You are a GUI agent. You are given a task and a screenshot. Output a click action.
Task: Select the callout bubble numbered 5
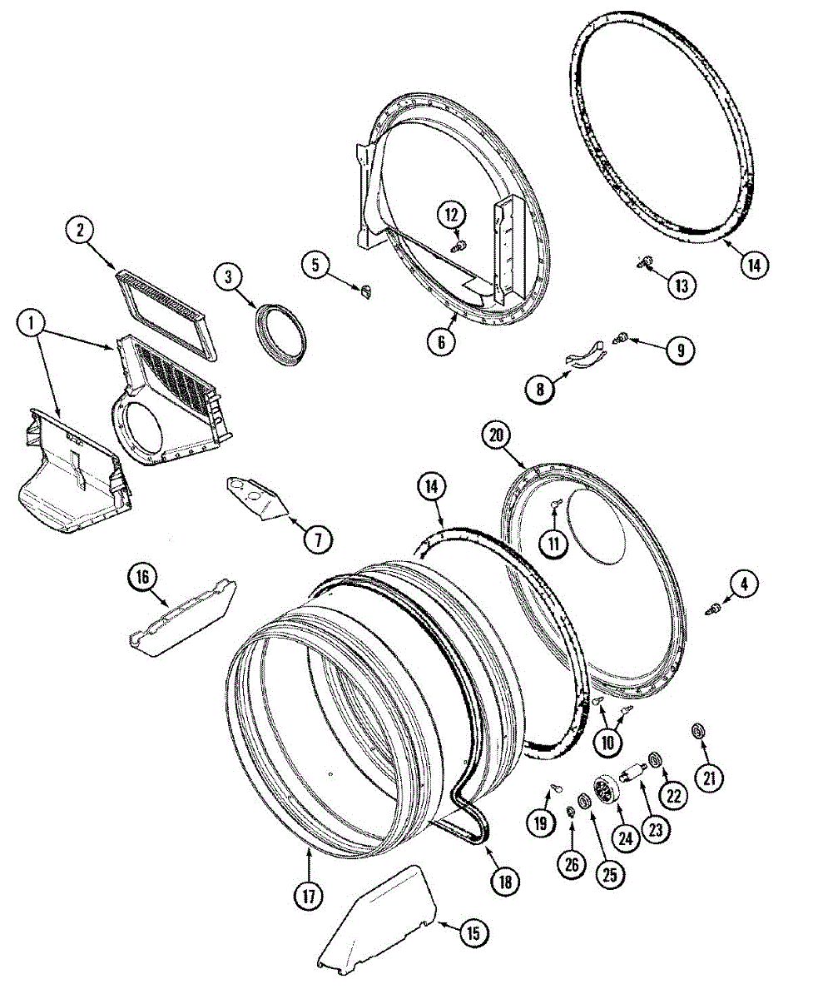point(315,266)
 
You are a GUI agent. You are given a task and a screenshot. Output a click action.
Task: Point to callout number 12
point(452,216)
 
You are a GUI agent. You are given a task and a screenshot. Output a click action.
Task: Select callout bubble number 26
point(571,865)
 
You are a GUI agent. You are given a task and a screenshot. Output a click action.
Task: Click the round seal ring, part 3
point(280,335)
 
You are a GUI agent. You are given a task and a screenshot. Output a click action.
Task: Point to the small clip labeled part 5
point(365,290)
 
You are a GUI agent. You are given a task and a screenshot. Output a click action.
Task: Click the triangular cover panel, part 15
point(374,920)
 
